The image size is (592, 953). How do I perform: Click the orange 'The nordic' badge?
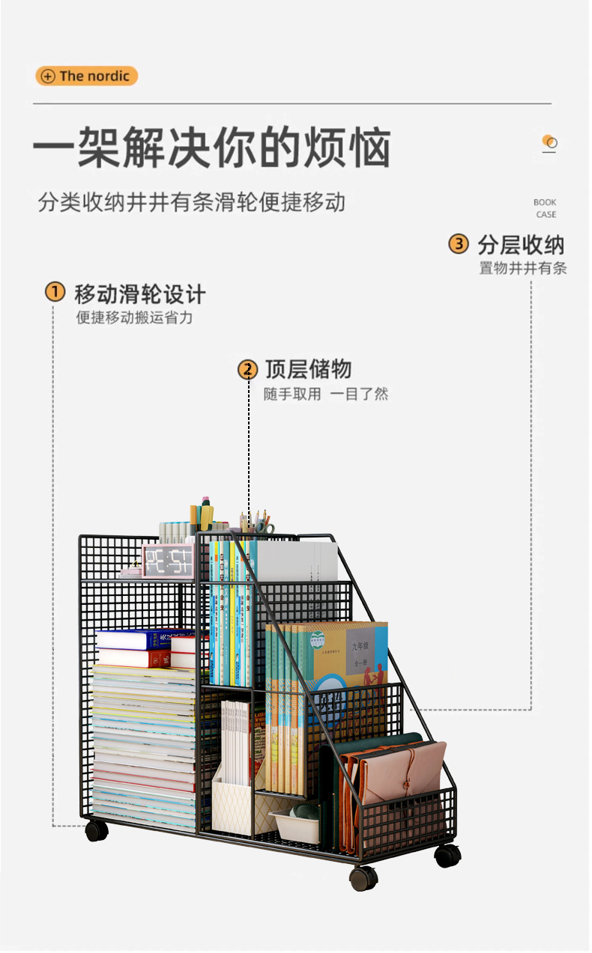point(86,76)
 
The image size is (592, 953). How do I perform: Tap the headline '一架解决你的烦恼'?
point(211,147)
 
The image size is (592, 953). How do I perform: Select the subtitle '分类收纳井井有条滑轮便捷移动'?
point(192,202)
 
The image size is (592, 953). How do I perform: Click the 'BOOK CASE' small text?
point(546,208)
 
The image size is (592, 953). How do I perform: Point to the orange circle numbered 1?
point(55,292)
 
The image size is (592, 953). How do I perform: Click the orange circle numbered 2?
point(247,369)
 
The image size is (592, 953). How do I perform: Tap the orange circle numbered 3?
point(458,244)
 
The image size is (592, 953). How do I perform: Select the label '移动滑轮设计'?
point(139,293)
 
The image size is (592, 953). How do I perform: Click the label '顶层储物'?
point(308,369)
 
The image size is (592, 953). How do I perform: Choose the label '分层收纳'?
point(521,245)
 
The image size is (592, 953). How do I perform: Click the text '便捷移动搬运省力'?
point(135,317)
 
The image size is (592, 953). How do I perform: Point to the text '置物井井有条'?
point(523,268)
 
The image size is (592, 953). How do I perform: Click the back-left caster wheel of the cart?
point(97,829)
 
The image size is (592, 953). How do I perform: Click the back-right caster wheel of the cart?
point(447,855)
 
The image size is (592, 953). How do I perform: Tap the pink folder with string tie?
point(402,774)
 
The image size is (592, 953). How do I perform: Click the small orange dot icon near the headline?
point(549,141)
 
